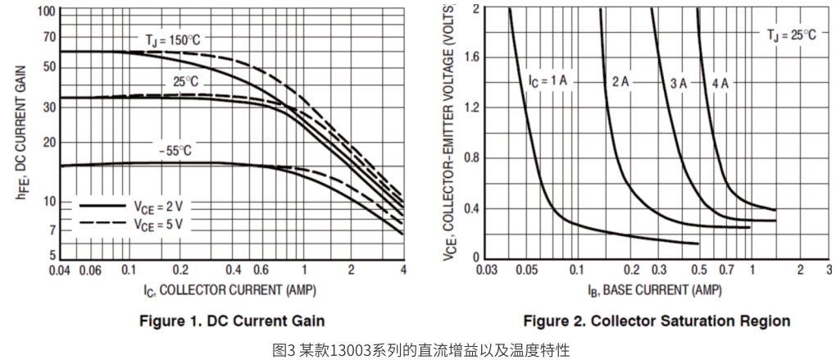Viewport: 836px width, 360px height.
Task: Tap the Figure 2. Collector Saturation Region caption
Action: (x=657, y=320)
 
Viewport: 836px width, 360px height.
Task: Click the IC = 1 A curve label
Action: (x=547, y=82)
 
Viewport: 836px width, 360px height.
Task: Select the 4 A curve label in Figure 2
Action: (x=720, y=84)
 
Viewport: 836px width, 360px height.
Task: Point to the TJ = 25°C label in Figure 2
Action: (x=792, y=34)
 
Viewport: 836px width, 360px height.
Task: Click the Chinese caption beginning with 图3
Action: (x=417, y=349)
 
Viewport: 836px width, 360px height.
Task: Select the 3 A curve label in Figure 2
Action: (x=678, y=84)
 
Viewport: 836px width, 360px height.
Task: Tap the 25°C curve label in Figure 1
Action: (x=185, y=82)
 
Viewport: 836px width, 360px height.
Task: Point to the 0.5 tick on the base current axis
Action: (x=698, y=270)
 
